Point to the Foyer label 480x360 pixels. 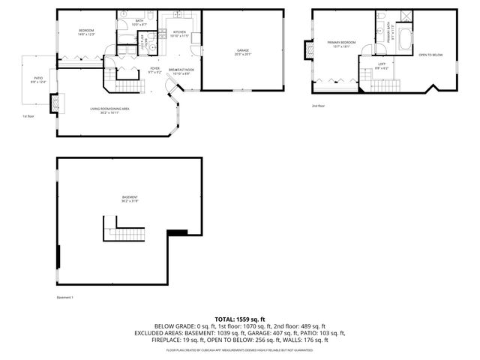point(154,70)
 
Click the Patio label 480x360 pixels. point(37,79)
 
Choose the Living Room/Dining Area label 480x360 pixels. point(110,109)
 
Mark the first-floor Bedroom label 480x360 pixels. point(85,31)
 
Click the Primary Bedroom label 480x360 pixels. point(341,43)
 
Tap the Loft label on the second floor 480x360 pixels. point(382,65)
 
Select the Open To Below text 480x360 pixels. point(430,55)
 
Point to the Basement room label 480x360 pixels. point(130,199)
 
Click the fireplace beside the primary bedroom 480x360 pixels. point(307,50)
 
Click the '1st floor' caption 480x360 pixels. point(28,116)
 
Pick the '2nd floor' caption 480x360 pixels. point(319,106)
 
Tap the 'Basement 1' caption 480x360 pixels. point(66,298)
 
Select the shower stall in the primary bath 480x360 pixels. point(406,16)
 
